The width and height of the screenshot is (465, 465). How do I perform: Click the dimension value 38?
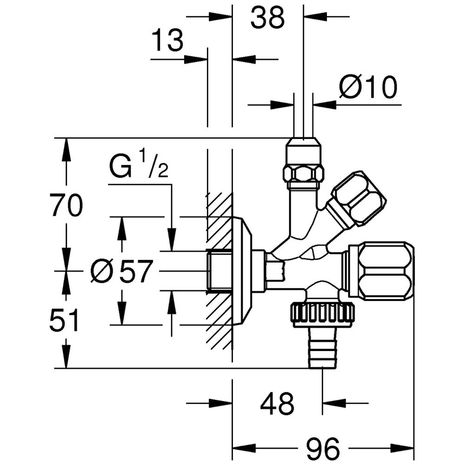click(267, 19)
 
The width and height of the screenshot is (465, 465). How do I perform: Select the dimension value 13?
click(168, 41)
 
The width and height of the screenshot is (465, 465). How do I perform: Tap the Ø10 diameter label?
click(368, 87)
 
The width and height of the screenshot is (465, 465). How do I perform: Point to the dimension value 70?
click(66, 206)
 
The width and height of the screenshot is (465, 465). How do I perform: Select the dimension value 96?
click(324, 449)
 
